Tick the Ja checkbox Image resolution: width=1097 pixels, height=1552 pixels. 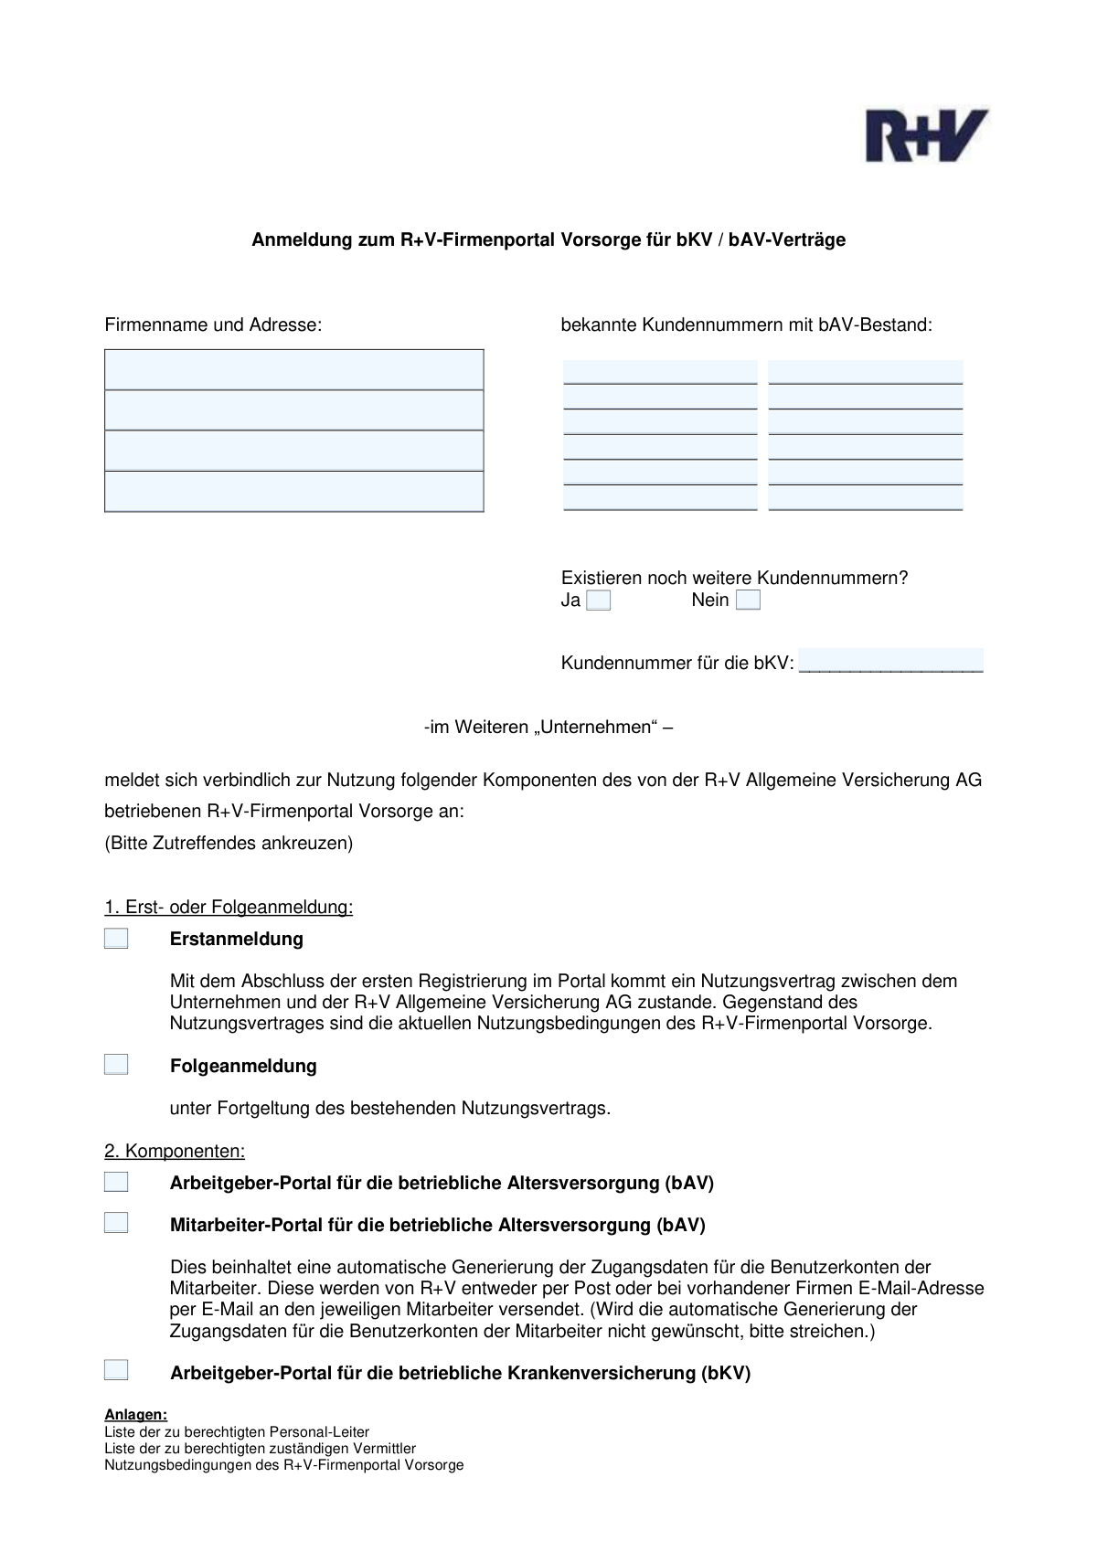click(x=599, y=601)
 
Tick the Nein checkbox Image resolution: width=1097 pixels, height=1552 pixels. click(x=748, y=601)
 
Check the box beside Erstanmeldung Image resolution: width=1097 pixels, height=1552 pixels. click(x=116, y=939)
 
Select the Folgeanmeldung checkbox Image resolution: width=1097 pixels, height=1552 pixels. click(x=116, y=1065)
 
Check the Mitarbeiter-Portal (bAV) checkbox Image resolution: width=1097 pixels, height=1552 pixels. click(x=116, y=1224)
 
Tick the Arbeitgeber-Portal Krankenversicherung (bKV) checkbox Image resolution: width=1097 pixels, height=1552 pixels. click(x=116, y=1371)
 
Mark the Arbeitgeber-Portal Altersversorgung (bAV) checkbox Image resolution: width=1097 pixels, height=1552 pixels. click(x=116, y=1183)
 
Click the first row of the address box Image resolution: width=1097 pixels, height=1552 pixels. click(x=293, y=370)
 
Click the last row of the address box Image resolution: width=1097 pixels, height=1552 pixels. click(x=293, y=492)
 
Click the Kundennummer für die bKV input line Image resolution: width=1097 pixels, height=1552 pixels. click(x=890, y=662)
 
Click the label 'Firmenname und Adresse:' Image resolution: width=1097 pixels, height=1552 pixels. click(x=213, y=324)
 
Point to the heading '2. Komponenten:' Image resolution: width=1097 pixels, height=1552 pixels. click(x=175, y=1151)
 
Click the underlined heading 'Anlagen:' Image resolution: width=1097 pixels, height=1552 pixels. click(x=136, y=1415)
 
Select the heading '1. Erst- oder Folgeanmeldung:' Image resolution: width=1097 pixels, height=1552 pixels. click(x=229, y=908)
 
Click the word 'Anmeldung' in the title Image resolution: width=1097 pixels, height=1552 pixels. click(x=296, y=240)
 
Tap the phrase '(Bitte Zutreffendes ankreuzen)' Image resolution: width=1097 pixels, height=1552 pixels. click(x=229, y=843)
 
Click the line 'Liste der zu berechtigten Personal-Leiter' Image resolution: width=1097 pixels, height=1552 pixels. click(x=237, y=1432)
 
